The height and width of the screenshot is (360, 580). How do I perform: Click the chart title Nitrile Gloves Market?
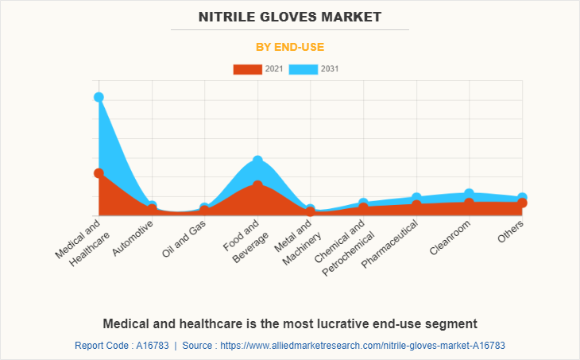tap(289, 16)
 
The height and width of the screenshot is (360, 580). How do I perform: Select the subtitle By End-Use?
tap(289, 47)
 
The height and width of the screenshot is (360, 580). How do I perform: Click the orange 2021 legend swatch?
tap(247, 69)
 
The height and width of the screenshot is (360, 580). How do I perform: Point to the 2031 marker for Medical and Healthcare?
tap(99, 97)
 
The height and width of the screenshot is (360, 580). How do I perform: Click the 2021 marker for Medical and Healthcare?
tap(99, 173)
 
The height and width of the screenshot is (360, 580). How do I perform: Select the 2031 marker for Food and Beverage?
tap(257, 161)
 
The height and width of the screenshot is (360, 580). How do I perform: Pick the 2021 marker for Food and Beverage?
tap(257, 184)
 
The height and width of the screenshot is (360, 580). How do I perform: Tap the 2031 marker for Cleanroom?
tap(469, 193)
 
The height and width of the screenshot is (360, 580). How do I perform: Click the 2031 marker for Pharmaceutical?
tap(416, 197)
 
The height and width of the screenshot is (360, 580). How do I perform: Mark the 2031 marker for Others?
tap(522, 197)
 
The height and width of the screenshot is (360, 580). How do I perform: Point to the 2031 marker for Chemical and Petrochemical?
tap(363, 203)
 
